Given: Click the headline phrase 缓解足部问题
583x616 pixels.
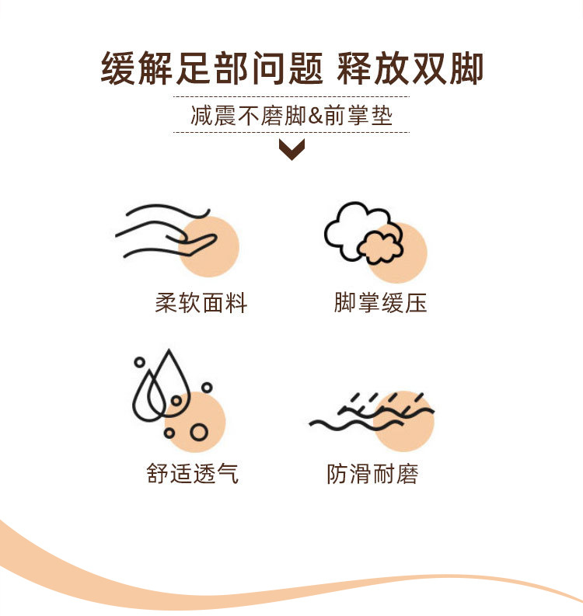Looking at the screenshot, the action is pyautogui.click(x=212, y=68).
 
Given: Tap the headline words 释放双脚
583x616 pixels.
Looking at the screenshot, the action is pyautogui.click(x=410, y=68).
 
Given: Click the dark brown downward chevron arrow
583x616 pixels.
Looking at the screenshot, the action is pyautogui.click(x=291, y=149).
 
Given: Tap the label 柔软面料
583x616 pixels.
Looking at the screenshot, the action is pyautogui.click(x=201, y=303).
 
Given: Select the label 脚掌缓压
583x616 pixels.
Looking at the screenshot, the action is pyautogui.click(x=380, y=303).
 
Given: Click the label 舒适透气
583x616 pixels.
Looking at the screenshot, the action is pyautogui.click(x=193, y=473).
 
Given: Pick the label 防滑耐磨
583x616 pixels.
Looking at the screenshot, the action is pyautogui.click(x=372, y=473).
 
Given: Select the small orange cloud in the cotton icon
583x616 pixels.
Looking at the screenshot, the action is pyautogui.click(x=380, y=248).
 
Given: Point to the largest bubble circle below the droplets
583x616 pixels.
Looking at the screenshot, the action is pyautogui.click(x=199, y=432).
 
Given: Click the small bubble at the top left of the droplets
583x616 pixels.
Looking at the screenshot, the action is pyautogui.click(x=140, y=362).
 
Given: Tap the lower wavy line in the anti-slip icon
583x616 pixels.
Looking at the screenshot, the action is pyautogui.click(x=356, y=424).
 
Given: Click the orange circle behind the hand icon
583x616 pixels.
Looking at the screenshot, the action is pyautogui.click(x=209, y=247).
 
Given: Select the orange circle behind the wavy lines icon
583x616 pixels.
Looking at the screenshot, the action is pyautogui.click(x=403, y=421).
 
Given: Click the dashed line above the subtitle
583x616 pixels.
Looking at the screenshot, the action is pyautogui.click(x=291, y=96).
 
